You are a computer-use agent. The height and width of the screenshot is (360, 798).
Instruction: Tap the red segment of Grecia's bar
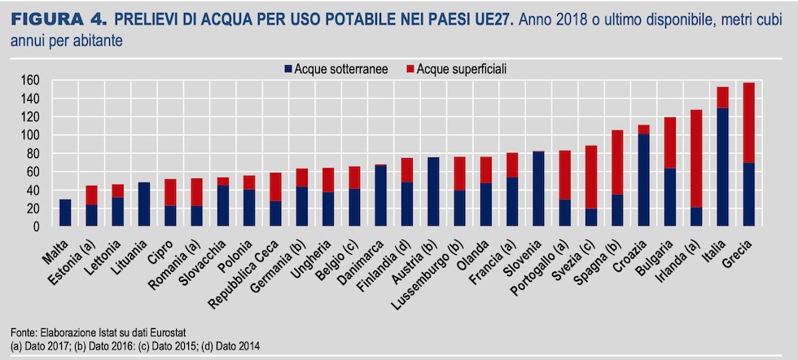tap(748, 122)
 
